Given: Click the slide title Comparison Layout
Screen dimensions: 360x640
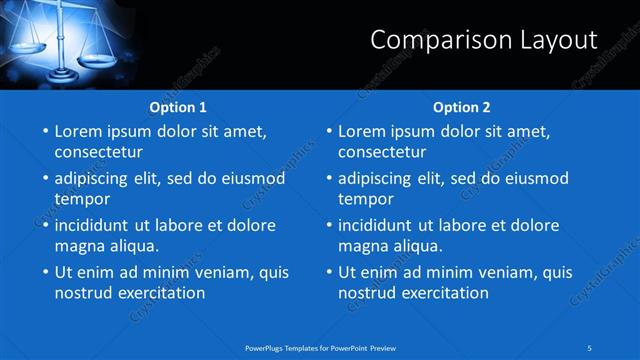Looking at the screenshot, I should tap(484, 40).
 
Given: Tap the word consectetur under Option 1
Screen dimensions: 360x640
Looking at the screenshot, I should tap(98, 153).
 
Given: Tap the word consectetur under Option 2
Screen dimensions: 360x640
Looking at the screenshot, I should tap(382, 153).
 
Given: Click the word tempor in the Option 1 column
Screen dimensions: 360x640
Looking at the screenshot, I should tap(82, 199).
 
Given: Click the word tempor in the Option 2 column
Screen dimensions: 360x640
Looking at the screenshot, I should tap(366, 199).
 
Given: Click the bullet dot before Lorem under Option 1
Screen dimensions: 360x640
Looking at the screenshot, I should tap(44, 132).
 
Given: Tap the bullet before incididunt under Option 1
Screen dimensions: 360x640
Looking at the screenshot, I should tap(44, 226).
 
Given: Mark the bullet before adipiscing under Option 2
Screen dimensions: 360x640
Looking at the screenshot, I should tap(328, 179).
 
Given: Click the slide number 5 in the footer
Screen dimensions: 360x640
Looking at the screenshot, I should tap(590, 347).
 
